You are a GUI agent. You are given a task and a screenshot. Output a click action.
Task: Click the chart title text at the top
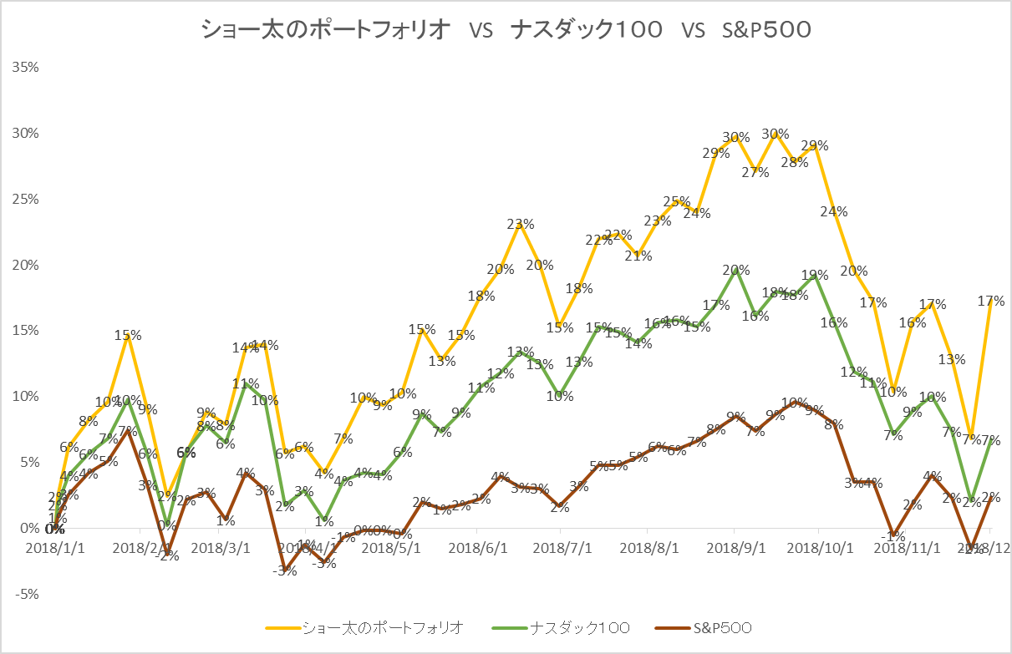pos(506,30)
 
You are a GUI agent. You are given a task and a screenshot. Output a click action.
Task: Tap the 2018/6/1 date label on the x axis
pos(476,548)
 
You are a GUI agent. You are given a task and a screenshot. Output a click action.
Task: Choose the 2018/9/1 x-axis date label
pos(734,548)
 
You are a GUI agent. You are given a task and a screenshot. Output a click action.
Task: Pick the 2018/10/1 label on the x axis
pos(820,548)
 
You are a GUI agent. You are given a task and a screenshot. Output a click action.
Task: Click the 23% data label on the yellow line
pos(520,224)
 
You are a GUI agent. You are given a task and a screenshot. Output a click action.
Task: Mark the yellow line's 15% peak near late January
pos(128,335)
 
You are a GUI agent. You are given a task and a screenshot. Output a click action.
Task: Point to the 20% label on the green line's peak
pos(735,270)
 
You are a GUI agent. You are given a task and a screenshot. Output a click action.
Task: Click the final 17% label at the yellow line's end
pos(991,301)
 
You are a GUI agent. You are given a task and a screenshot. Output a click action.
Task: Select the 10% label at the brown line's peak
pos(794,403)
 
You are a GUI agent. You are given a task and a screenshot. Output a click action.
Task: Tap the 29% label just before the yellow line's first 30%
pos(715,153)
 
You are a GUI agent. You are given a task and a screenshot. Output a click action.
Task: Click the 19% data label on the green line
pos(815,275)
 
